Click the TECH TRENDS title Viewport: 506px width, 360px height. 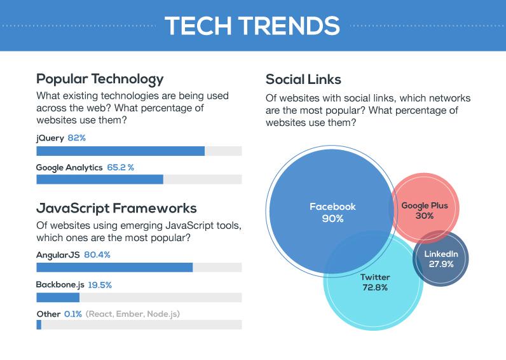[252, 26]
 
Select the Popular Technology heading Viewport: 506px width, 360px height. [100, 79]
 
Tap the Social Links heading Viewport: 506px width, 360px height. [303, 80]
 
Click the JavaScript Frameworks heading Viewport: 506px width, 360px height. [116, 209]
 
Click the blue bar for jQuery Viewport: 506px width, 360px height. [120, 151]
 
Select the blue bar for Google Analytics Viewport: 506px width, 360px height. [100, 179]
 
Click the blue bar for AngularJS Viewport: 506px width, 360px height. [114, 268]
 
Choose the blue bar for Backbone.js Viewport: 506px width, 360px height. [58, 297]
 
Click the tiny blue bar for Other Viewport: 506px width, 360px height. [39, 325]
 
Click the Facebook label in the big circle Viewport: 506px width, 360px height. [332, 207]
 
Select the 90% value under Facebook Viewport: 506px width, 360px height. [332, 218]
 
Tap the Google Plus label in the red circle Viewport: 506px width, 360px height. [425, 205]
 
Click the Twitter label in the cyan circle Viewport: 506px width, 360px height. [375, 277]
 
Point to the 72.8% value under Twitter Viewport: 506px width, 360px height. [375, 288]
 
